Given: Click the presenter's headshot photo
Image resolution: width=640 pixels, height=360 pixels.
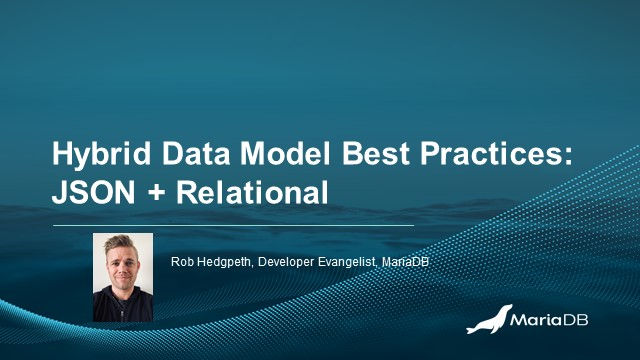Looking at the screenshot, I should coord(123,277).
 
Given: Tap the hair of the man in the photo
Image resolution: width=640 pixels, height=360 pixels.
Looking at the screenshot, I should coord(122,246).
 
